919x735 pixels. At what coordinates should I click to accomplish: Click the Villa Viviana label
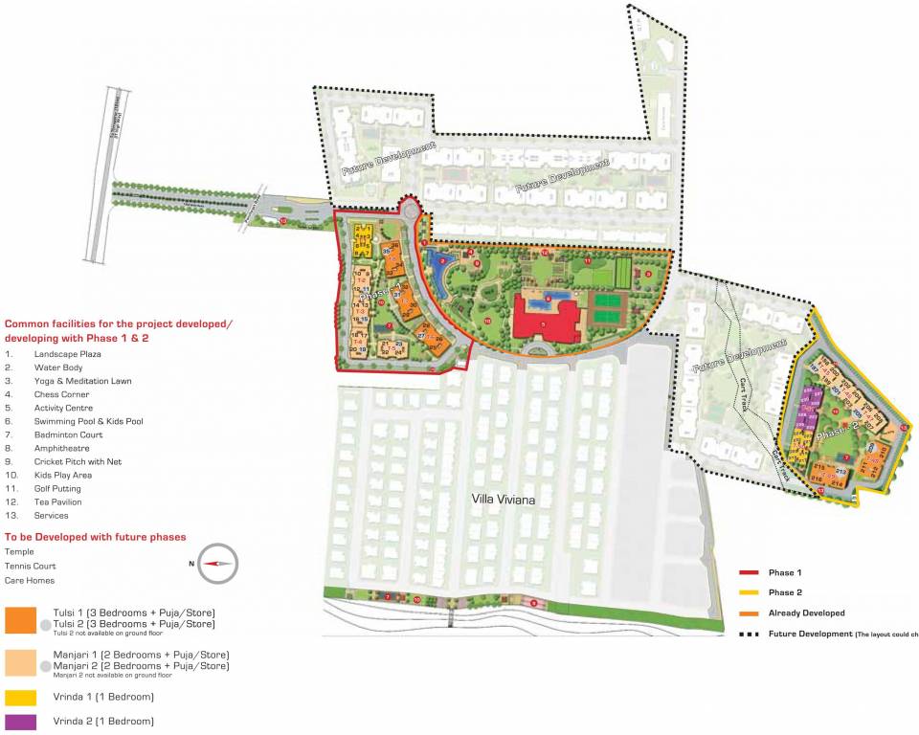[502, 499]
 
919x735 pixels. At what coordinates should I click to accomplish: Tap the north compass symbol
[218, 563]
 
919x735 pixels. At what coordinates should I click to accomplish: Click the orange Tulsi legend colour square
[20, 620]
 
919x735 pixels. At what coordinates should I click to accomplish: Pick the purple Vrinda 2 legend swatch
[20, 722]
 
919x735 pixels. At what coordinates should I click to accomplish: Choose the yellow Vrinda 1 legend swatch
[20, 697]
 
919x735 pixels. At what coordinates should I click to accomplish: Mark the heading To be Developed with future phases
[96, 537]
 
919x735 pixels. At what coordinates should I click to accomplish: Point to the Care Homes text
[30, 580]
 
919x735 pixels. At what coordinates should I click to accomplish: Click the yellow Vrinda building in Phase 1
[364, 235]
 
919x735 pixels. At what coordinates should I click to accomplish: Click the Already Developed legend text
[806, 612]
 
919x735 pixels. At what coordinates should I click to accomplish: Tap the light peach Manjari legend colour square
[20, 661]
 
